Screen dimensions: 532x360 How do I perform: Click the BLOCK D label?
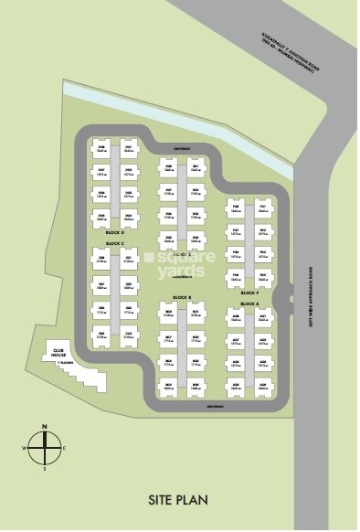[115, 234]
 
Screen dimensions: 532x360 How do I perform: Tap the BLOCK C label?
[115, 243]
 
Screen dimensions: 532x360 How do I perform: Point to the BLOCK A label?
[249, 303]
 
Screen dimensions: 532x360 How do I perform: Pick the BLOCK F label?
[249, 293]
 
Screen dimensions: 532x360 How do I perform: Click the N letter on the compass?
[42, 427]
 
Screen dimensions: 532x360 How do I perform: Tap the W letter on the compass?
[22, 448]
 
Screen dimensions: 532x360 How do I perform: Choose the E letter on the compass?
[63, 448]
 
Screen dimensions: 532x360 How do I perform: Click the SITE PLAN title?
[180, 499]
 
